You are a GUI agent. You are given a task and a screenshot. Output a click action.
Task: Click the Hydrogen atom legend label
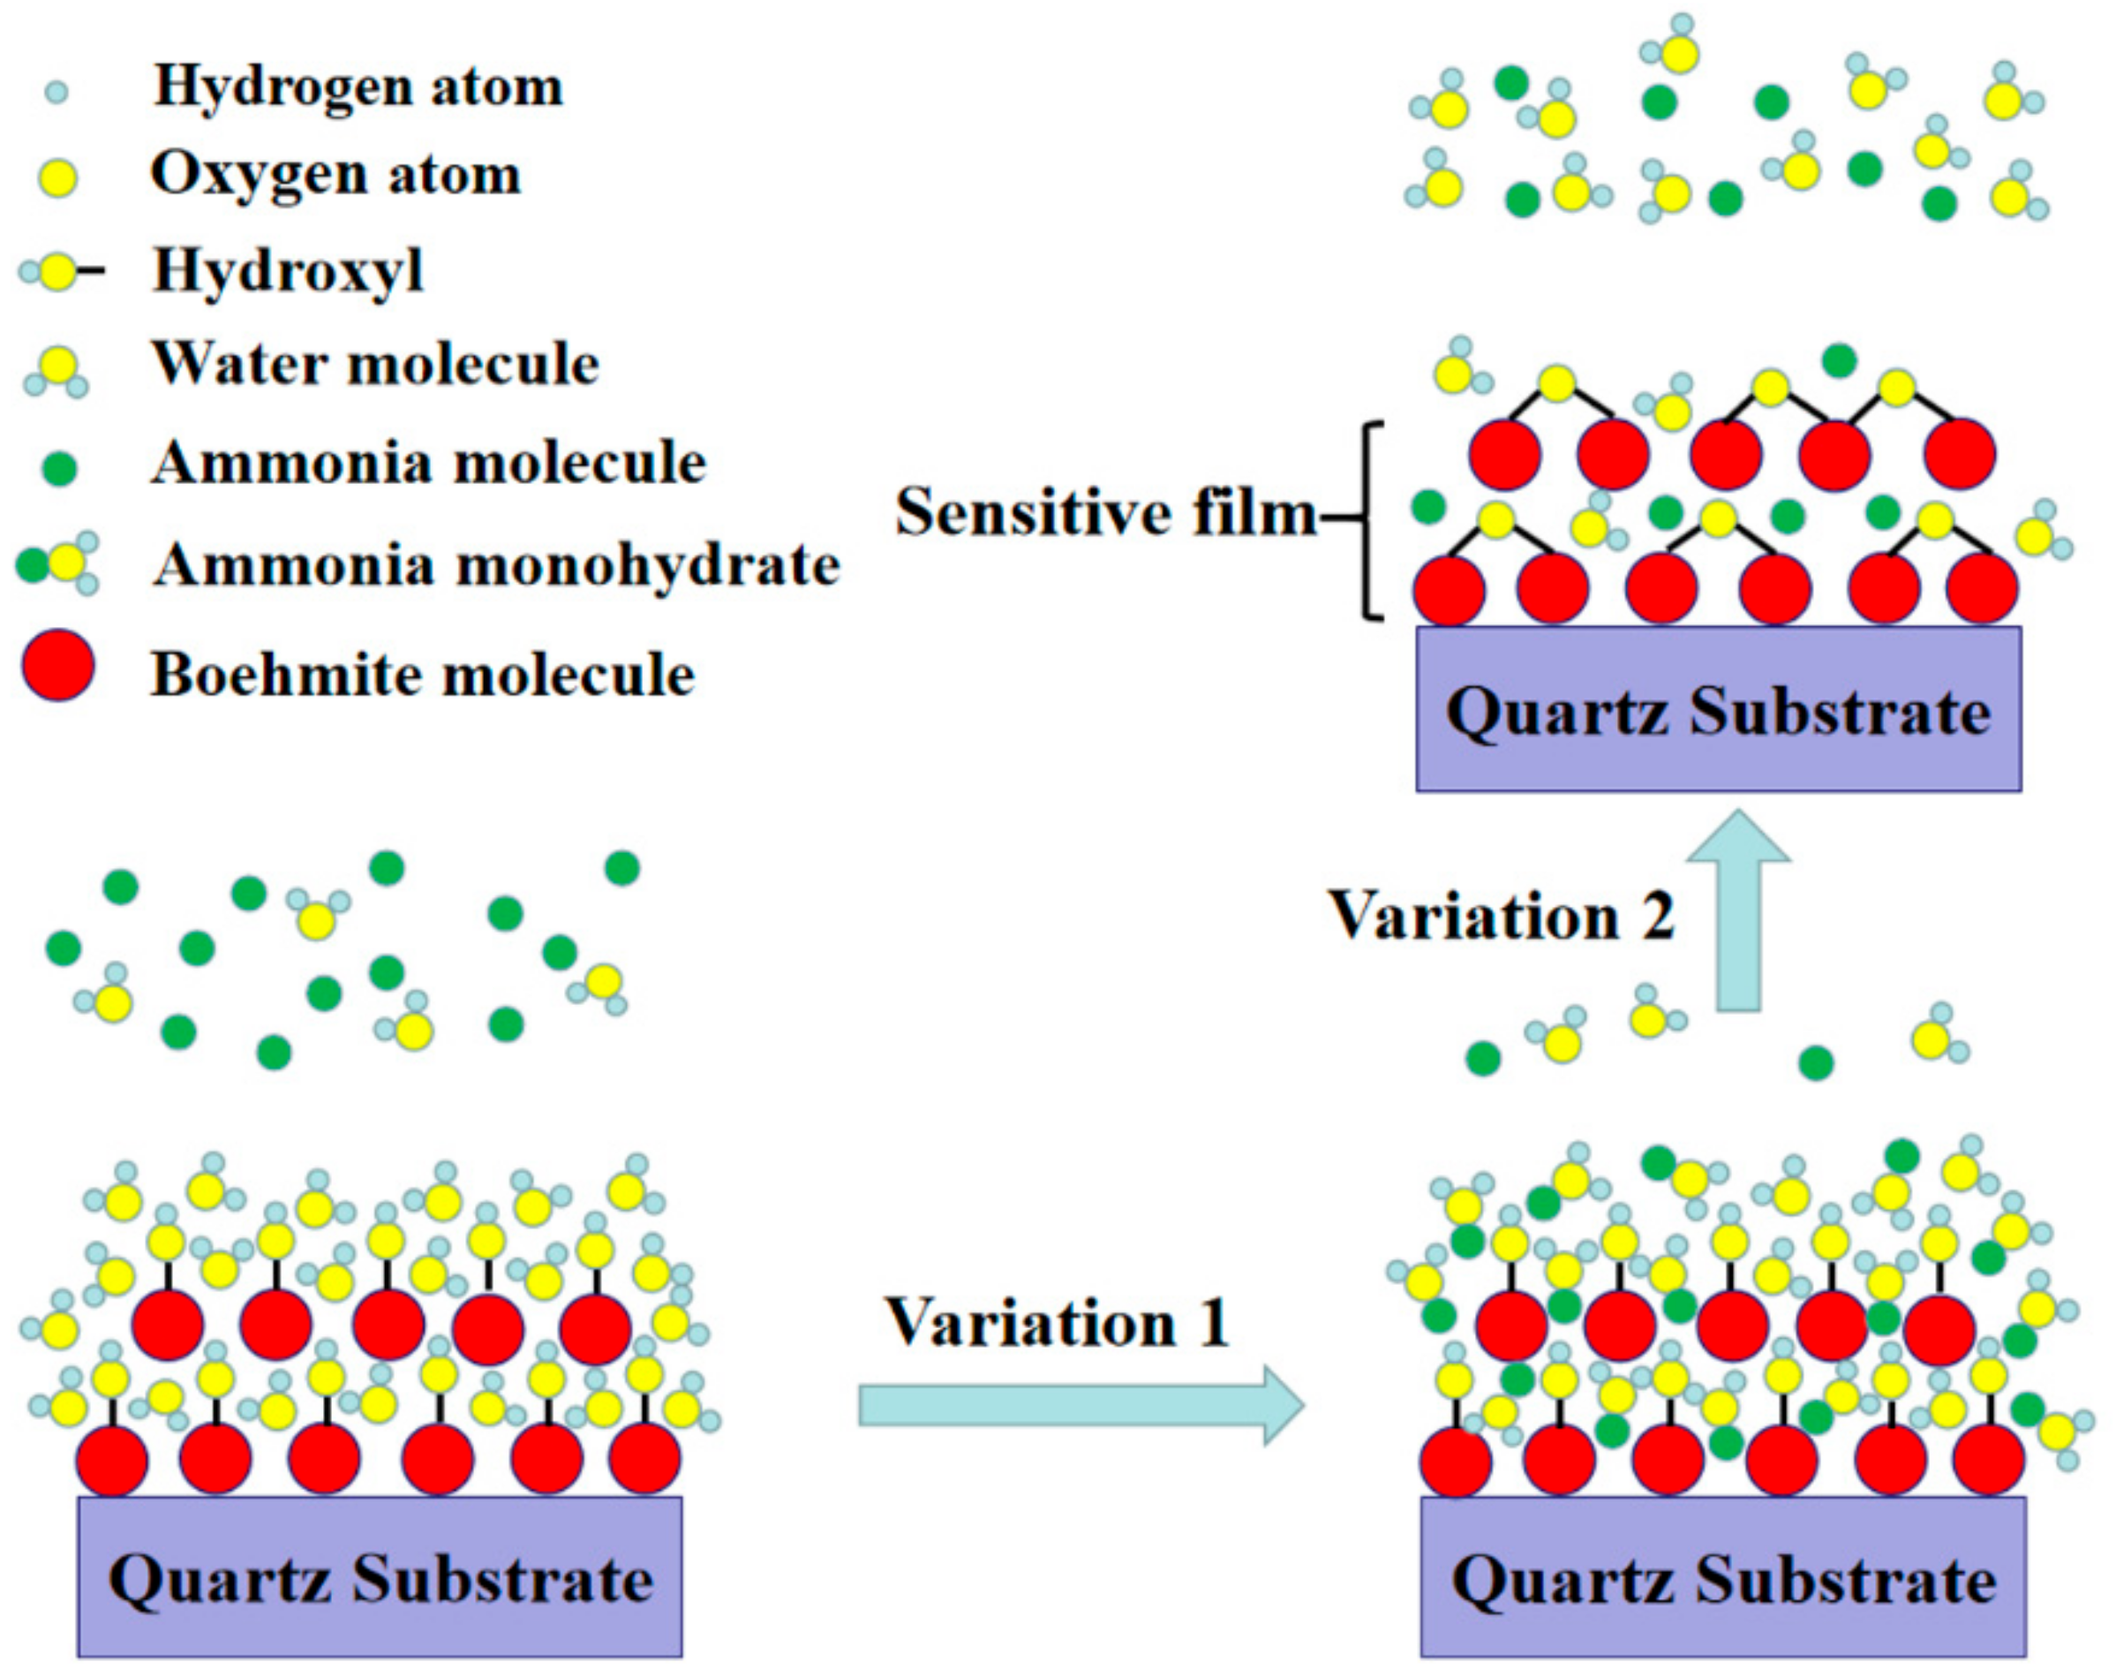[x=358, y=87]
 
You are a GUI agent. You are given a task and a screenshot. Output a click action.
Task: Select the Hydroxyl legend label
[x=288, y=270]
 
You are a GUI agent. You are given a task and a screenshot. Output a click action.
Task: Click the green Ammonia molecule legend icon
[x=60, y=468]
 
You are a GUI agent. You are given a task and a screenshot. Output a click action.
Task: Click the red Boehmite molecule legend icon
[x=59, y=667]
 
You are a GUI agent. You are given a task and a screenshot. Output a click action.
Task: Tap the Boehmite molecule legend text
[x=422, y=676]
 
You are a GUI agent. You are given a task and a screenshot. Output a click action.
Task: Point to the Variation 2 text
[x=1502, y=916]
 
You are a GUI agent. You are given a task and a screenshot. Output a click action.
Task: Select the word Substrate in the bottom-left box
[x=502, y=1581]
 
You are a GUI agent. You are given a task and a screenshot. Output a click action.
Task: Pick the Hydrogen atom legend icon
[x=56, y=94]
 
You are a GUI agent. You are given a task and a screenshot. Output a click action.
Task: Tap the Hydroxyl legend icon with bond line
[x=59, y=272]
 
